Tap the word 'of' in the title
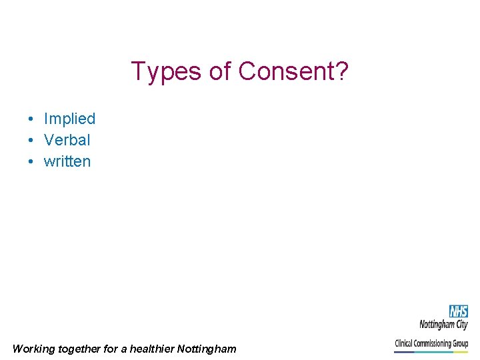pyautogui.click(x=220, y=71)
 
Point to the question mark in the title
pyautogui.click(x=342, y=71)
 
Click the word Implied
pyautogui.click(x=69, y=119)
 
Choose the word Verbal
pyautogui.click(x=67, y=140)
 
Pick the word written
pyautogui.click(x=67, y=161)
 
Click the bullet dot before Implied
pyautogui.click(x=31, y=119)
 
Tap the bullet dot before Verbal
pyautogui.click(x=31, y=141)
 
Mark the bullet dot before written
pyautogui.click(x=31, y=162)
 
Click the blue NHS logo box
pyautogui.click(x=458, y=311)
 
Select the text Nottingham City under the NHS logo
pyautogui.click(x=443, y=325)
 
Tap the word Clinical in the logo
pyautogui.click(x=405, y=343)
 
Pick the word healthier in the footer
pyautogui.click(x=152, y=349)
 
